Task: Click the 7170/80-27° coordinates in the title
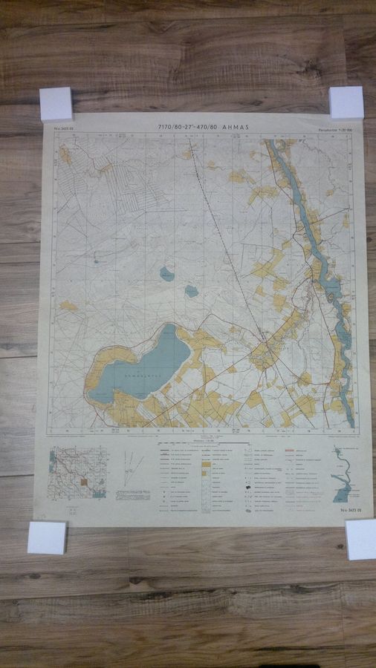178,127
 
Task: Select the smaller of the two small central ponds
192,292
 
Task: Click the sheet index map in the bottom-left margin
77,472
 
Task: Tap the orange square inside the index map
84,482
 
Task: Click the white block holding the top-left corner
56,104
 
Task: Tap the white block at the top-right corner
346,102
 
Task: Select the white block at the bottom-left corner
47,537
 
